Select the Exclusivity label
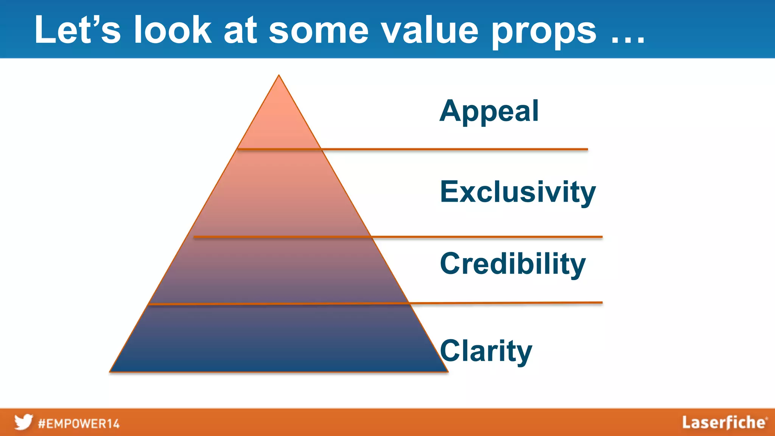tap(518, 192)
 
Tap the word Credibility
tap(513, 264)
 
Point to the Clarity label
tap(486, 351)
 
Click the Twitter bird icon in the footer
tap(23, 422)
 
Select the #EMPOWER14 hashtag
tap(79, 424)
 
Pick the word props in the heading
tap(544, 32)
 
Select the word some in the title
tap(319, 31)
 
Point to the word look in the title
tap(173, 30)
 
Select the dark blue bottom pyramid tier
tap(279, 339)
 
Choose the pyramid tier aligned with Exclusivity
tap(279, 193)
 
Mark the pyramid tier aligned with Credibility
tap(279, 271)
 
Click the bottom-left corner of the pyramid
tap(110, 371)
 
